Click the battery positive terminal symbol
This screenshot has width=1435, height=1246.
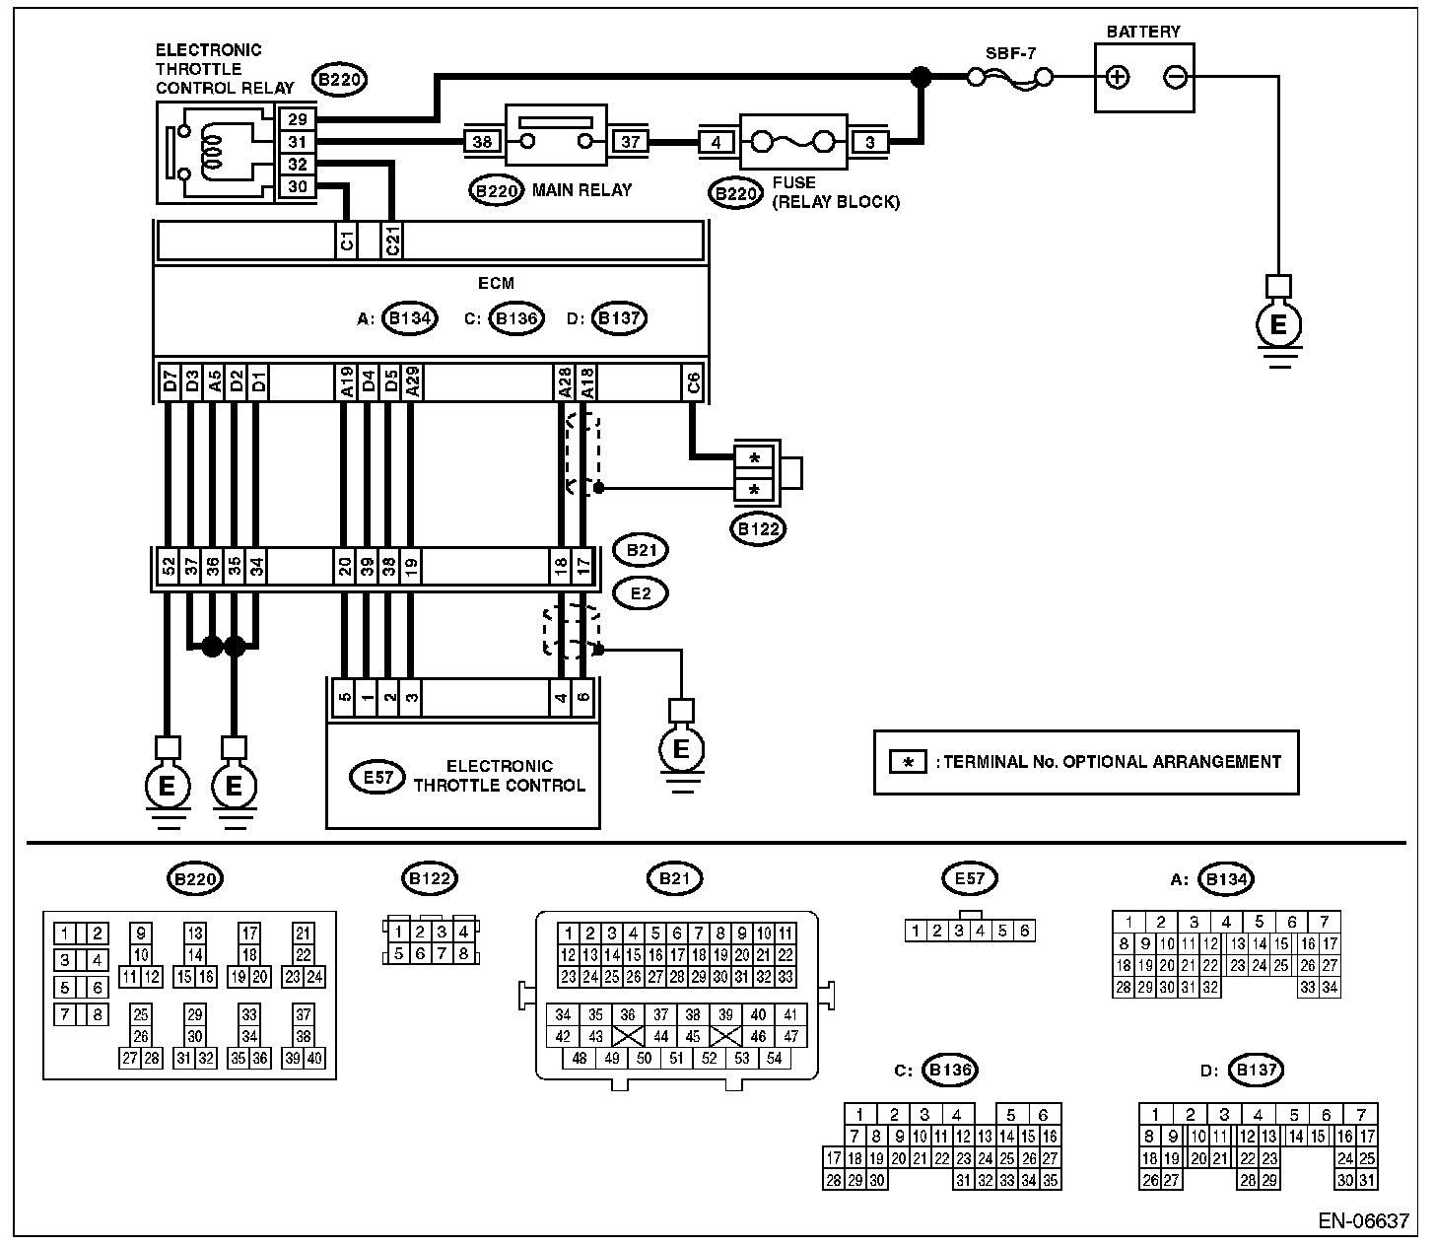pyautogui.click(x=1118, y=77)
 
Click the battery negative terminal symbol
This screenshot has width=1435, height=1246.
pyautogui.click(x=1176, y=77)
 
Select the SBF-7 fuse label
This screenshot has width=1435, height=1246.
pyautogui.click(x=1010, y=53)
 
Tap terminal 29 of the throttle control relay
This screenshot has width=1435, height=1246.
pyautogui.click(x=298, y=119)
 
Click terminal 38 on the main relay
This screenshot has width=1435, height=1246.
pyautogui.click(x=482, y=142)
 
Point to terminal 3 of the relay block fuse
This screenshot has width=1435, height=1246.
pyautogui.click(x=869, y=142)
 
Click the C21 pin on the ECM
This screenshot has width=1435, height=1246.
pyautogui.click(x=392, y=241)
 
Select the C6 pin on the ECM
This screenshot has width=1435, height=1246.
pyautogui.click(x=693, y=382)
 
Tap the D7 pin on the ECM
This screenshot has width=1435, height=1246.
pyautogui.click(x=170, y=382)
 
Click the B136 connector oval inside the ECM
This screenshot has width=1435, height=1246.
pyautogui.click(x=516, y=318)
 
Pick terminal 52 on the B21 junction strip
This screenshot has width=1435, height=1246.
pyautogui.click(x=169, y=566)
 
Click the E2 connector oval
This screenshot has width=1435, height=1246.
pyautogui.click(x=641, y=593)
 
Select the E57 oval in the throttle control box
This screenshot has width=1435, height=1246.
pyautogui.click(x=377, y=778)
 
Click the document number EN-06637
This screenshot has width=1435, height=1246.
pyautogui.click(x=1363, y=1220)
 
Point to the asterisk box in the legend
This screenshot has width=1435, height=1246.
pyautogui.click(x=909, y=763)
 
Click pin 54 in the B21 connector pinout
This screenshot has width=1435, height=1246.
pyautogui.click(x=775, y=1058)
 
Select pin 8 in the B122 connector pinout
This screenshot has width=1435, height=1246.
pyautogui.click(x=463, y=953)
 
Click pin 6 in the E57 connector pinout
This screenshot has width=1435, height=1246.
pyautogui.click(x=1024, y=931)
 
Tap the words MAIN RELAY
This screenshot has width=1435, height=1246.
pyautogui.click(x=581, y=190)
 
